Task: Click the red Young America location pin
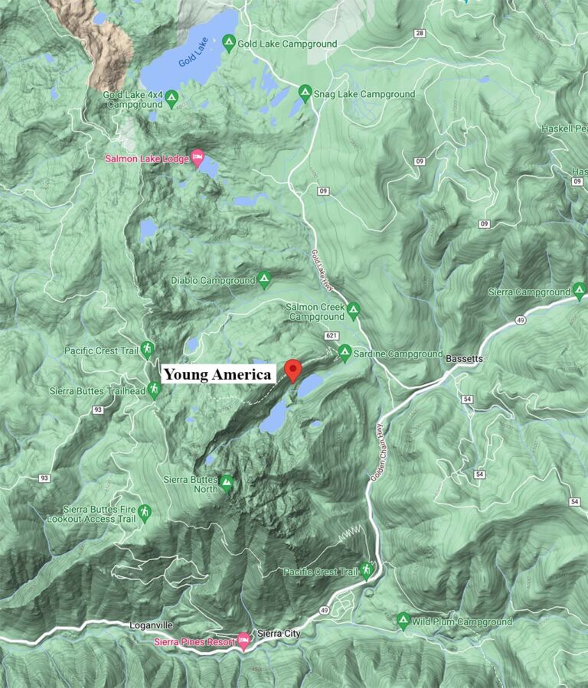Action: tap(292, 369)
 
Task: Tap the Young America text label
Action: tap(218, 374)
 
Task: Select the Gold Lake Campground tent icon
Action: tap(228, 44)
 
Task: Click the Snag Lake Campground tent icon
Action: tap(305, 94)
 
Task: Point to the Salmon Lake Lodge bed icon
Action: tap(198, 157)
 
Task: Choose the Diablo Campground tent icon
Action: tap(264, 280)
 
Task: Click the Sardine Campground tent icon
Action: tap(345, 354)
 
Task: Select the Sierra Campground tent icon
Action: tap(580, 292)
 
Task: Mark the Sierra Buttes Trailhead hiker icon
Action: tap(155, 391)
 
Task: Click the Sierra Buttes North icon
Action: tap(226, 484)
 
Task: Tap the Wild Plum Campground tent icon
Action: tap(403, 621)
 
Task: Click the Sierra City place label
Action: tap(282, 634)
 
